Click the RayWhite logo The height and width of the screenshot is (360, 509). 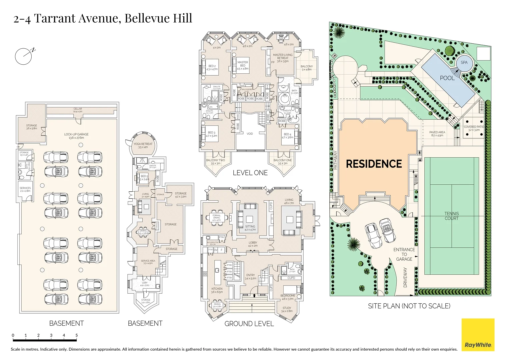click(478, 335)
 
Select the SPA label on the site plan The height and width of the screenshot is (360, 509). click(464, 62)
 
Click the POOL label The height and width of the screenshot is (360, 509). click(447, 78)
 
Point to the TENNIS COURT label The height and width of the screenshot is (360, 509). click(451, 216)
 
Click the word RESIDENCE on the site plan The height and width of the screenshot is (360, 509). click(374, 164)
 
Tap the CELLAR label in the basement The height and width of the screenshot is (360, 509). click(78, 109)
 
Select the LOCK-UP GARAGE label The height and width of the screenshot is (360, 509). click(76, 134)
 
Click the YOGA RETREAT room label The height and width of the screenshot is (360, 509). click(143, 144)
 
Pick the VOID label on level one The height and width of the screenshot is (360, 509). click(250, 134)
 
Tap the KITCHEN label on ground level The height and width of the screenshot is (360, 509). click(217, 289)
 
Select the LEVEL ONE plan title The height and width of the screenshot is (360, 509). click(250, 173)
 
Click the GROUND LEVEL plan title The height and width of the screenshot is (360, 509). click(249, 324)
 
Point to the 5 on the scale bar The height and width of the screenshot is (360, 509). click(76, 335)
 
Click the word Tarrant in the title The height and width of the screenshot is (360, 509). click(55, 18)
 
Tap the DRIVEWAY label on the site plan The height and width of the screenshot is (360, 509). click(405, 277)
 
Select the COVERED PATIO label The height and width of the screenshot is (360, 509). click(474, 127)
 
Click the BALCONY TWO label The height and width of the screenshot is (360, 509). click(215, 160)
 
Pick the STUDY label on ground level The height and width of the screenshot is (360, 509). click(287, 308)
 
